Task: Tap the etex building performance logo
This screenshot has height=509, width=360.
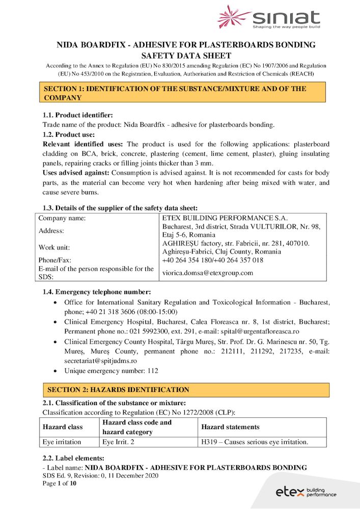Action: (306, 492)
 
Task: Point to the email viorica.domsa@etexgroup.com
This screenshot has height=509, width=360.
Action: (208, 273)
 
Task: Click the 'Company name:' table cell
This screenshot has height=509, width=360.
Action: (62, 218)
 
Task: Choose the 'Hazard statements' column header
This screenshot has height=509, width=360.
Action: (230, 427)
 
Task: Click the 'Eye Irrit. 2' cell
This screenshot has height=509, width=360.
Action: (118, 442)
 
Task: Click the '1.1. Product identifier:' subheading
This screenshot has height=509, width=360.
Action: (77, 116)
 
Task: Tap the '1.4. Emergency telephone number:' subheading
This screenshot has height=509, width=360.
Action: (97, 292)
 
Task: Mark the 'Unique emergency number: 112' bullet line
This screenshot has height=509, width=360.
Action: (111, 371)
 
